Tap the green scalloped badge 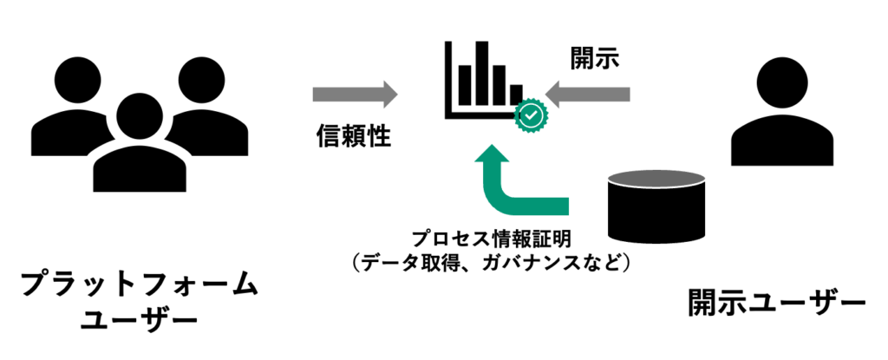(531, 115)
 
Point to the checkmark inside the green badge (531, 115)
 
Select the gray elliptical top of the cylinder (656, 179)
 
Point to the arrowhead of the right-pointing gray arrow (391, 95)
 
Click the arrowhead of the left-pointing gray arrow (552, 95)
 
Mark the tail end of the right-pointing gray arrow (316, 95)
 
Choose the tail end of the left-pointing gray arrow (627, 95)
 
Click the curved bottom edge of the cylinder (656, 244)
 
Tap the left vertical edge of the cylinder (607, 208)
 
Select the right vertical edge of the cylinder (706, 208)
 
